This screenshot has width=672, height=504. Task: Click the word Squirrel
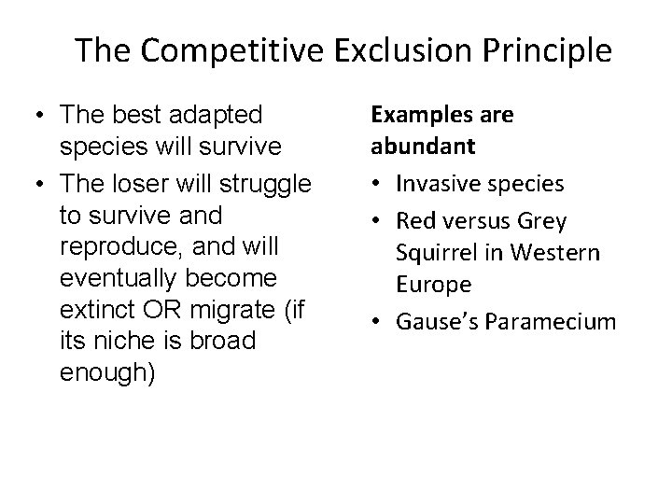(435, 252)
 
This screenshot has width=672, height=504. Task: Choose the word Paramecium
(557, 322)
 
